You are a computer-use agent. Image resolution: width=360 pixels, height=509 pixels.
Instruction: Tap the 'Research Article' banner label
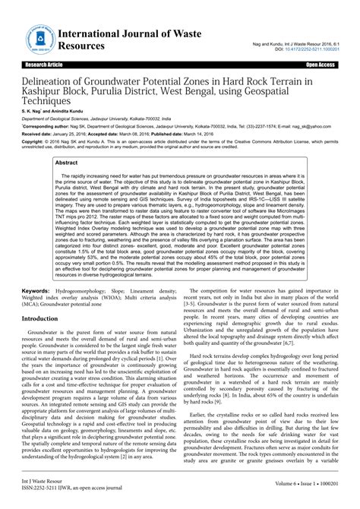[x=27, y=66]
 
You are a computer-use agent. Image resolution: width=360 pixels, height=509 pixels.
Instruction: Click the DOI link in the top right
[x=311, y=48]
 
